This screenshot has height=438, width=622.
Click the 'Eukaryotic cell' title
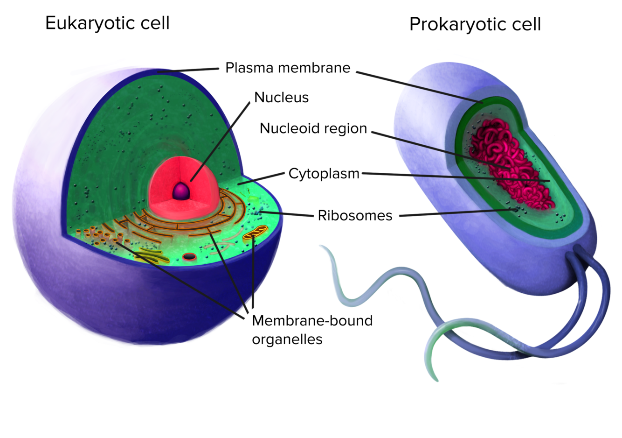click(x=107, y=23)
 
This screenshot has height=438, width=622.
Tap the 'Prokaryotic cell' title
click(x=475, y=24)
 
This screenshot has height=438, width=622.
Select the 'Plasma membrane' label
click(x=287, y=68)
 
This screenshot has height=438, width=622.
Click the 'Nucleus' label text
click(x=281, y=97)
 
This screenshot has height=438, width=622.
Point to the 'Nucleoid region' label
click(x=313, y=128)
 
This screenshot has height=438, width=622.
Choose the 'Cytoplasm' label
click(x=324, y=173)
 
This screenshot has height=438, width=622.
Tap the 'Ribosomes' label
click(x=355, y=215)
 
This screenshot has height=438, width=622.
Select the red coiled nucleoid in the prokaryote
click(x=508, y=163)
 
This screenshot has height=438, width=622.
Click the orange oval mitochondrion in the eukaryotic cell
click(x=256, y=232)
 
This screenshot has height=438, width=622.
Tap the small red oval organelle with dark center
click(x=189, y=256)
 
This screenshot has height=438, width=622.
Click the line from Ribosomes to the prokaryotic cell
click(x=457, y=213)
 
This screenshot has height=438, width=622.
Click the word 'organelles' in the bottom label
click(x=287, y=339)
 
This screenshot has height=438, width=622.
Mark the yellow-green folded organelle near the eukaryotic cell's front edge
click(x=152, y=255)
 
